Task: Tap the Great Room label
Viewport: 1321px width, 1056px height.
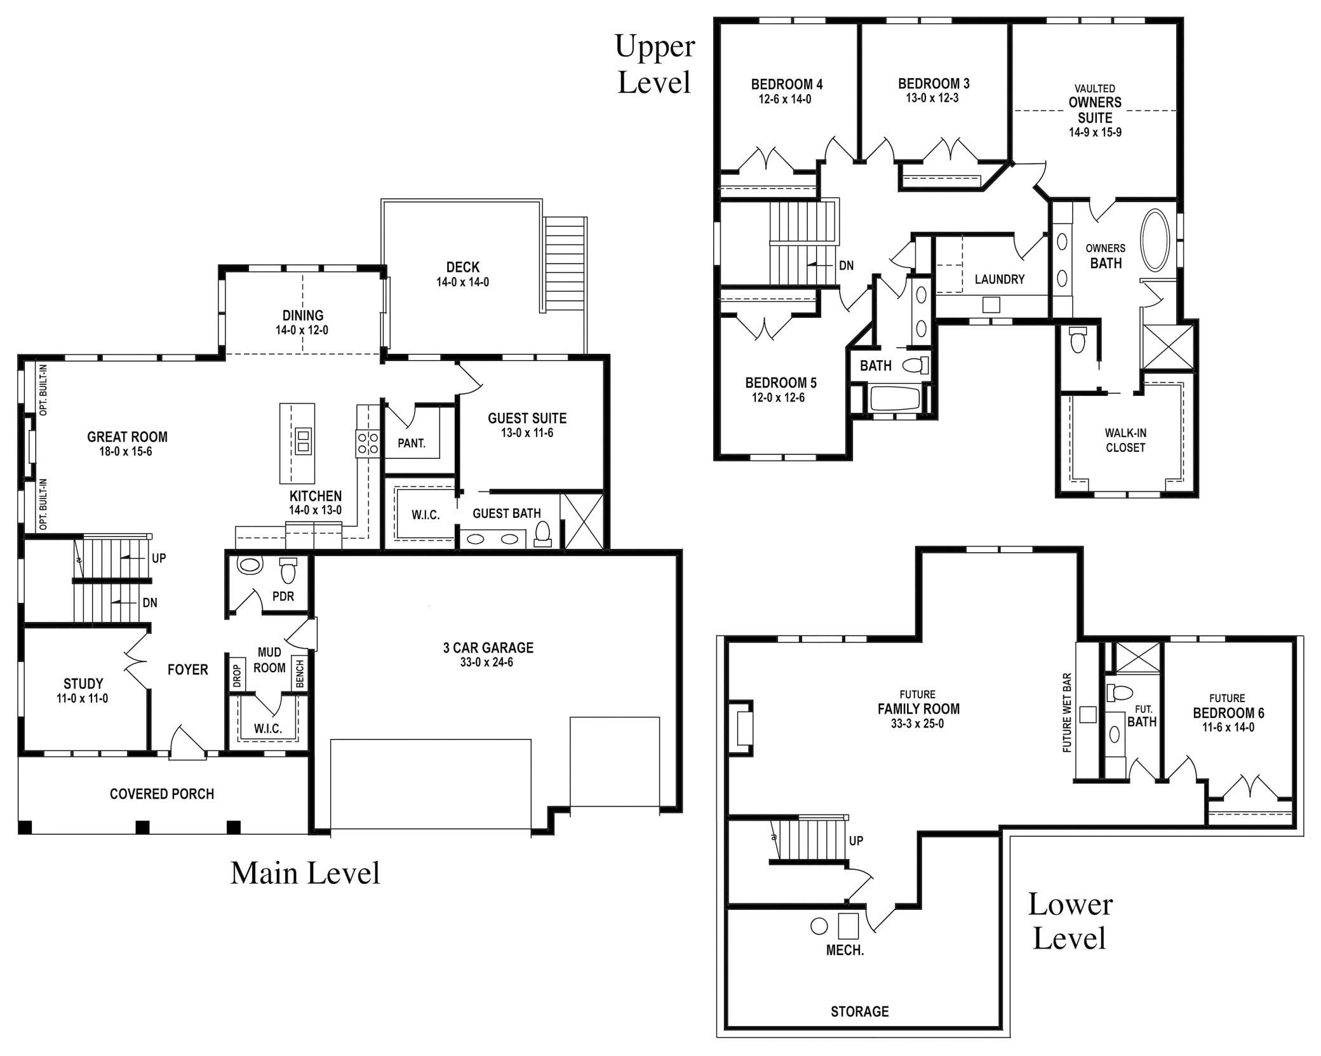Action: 127,437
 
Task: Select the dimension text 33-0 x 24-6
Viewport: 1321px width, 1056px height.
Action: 488,662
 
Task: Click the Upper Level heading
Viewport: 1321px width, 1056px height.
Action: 655,64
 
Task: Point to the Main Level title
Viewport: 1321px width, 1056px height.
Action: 305,873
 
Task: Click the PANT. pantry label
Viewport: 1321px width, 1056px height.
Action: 412,443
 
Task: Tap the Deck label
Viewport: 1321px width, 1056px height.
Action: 462,267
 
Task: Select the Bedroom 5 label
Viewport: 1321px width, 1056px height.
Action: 781,383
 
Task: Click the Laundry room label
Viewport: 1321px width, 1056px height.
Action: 999,280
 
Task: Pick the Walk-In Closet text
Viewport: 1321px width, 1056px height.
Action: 1125,440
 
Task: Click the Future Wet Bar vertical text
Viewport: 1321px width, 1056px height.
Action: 1067,713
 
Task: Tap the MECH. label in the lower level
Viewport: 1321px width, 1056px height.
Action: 845,951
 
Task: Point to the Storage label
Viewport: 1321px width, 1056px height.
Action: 859,1011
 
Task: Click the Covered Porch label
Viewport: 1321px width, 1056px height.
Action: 161,794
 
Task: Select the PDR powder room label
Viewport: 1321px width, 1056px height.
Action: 283,597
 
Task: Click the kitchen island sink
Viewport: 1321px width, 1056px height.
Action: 303,440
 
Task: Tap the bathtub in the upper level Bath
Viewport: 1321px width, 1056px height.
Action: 894,399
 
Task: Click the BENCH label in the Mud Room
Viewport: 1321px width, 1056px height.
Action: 300,674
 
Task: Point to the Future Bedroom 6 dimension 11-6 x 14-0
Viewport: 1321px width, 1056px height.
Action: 1228,728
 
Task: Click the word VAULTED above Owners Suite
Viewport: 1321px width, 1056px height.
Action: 1094,89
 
